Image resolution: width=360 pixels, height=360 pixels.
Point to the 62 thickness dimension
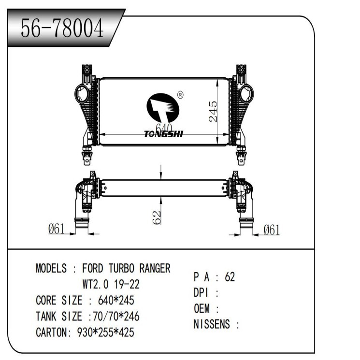click(x=157, y=216)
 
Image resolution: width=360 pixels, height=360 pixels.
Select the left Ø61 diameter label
click(x=57, y=230)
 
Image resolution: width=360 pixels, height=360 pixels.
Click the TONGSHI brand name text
click(x=163, y=134)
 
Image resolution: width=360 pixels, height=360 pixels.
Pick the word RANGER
click(x=155, y=268)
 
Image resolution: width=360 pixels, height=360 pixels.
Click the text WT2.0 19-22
click(x=111, y=284)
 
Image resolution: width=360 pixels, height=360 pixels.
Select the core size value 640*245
click(x=116, y=300)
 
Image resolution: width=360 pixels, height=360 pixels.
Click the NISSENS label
click(x=213, y=324)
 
